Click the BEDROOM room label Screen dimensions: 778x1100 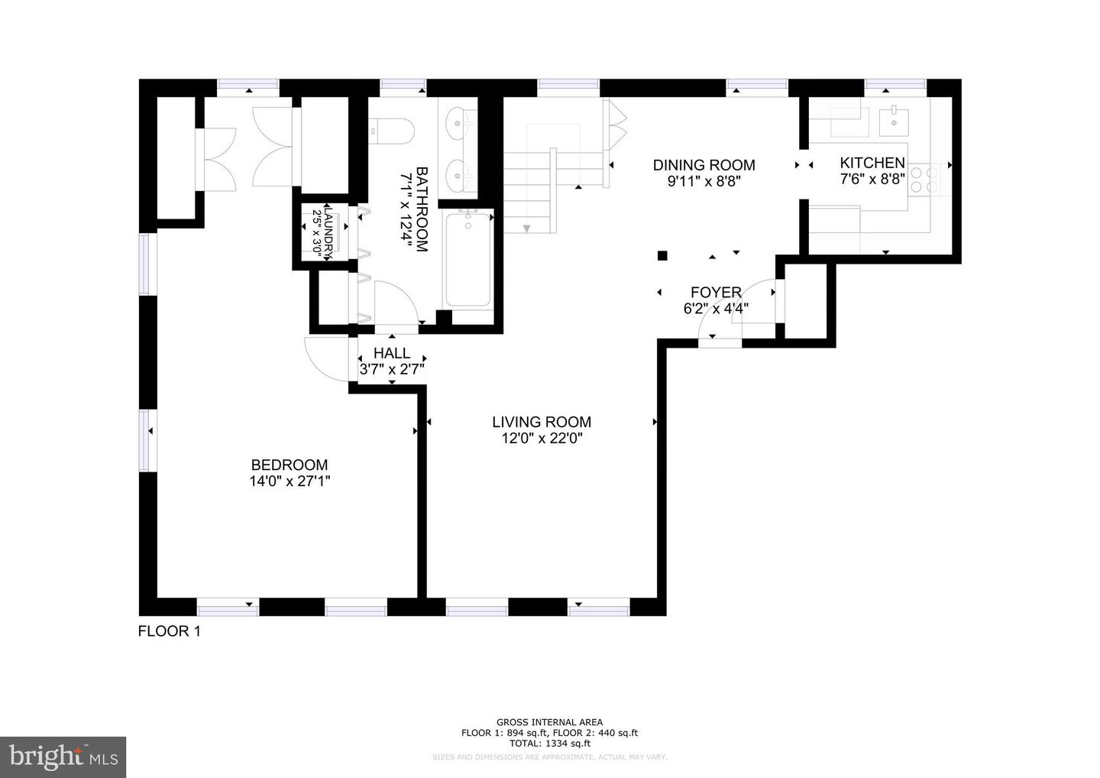point(290,465)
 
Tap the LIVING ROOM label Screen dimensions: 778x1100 point(541,422)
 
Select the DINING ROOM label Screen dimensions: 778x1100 point(704,165)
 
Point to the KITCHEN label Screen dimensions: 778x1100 point(872,163)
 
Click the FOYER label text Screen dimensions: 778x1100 point(716,293)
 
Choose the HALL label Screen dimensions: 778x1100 point(391,353)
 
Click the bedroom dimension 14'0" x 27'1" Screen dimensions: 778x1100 point(290,481)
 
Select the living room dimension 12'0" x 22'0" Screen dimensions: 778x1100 point(541,439)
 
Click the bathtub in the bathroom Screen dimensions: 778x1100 point(468,260)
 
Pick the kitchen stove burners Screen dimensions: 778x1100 point(932,179)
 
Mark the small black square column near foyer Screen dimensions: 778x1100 point(662,255)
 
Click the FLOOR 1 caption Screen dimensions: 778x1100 point(169,631)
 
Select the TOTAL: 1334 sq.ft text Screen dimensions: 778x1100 point(549,743)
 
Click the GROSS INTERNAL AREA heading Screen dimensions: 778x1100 point(549,722)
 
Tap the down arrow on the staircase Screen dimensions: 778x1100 point(526,228)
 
